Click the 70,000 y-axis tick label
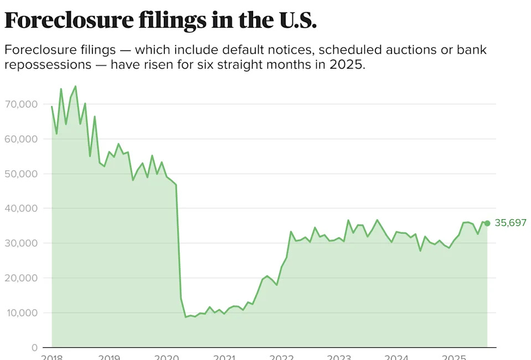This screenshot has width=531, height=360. pyautogui.click(x=22, y=104)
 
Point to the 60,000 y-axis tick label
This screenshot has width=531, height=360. pyautogui.click(x=22, y=139)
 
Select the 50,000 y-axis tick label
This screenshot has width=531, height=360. pyautogui.click(x=22, y=174)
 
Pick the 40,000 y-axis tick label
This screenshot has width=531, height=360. pyautogui.click(x=22, y=208)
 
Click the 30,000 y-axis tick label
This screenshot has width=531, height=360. pyautogui.click(x=22, y=243)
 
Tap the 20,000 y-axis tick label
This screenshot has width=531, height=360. pyautogui.click(x=22, y=278)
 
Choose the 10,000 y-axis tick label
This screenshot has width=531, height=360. pyautogui.click(x=22, y=313)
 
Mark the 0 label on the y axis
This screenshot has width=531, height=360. pyautogui.click(x=34, y=347)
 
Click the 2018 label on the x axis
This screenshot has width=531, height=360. pyautogui.click(x=52, y=356)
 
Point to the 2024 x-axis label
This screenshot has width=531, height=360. pyautogui.click(x=396, y=356)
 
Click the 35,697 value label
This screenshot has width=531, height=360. pyautogui.click(x=510, y=223)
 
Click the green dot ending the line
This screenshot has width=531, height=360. pyautogui.click(x=487, y=223)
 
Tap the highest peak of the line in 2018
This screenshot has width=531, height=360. pyautogui.click(x=75, y=86)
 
